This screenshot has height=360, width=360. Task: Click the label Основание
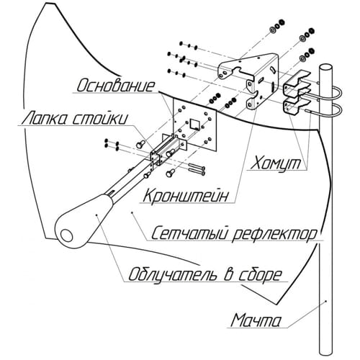point(115,86)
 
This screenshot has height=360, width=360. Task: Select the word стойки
point(99,119)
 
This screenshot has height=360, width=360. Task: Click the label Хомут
point(276,163)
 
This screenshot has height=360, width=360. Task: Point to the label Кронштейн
point(185,196)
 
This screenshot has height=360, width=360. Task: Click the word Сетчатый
point(189,233)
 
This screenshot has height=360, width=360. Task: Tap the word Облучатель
point(172,274)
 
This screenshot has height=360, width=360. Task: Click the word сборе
point(260,275)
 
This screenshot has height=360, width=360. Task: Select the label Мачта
point(256,320)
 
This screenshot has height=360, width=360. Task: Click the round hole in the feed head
point(66,235)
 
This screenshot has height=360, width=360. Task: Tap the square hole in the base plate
point(194,124)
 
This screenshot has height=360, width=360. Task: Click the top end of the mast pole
point(325,66)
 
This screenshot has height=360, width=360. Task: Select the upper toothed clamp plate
point(296,84)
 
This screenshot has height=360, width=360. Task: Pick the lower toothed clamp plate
point(296,106)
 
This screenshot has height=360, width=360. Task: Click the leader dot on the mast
point(326,301)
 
